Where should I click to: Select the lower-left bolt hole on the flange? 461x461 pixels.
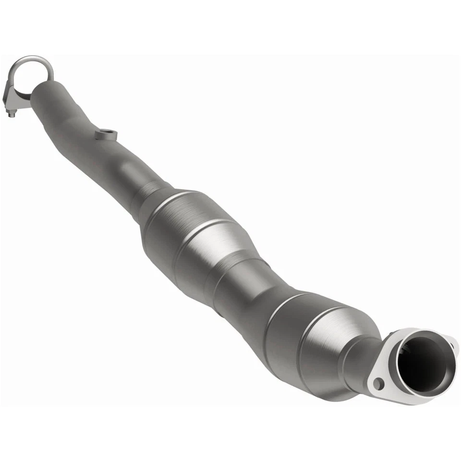(x=380, y=383)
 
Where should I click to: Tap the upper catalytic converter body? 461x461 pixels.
(x=192, y=230)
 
